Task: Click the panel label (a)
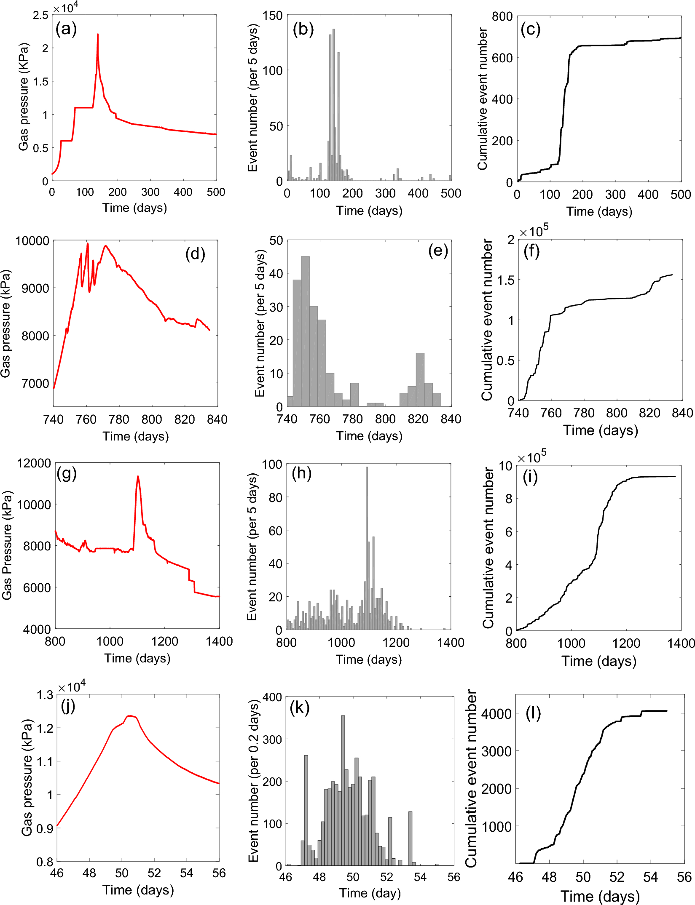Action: [x=66, y=29]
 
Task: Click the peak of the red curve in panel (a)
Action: [x=98, y=35]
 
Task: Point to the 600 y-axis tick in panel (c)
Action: [x=502, y=58]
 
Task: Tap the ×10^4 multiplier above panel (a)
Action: [x=66, y=8]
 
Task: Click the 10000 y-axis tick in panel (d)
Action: [x=32, y=241]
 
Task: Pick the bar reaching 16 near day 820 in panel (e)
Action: [x=420, y=379]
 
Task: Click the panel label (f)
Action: [x=531, y=251]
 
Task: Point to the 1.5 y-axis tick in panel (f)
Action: [x=506, y=280]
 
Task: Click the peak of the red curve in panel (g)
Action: [x=138, y=477]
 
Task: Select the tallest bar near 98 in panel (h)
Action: [x=367, y=547]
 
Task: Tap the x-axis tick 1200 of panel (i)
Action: [x=626, y=643]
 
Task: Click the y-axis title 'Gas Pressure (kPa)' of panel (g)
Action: [x=7, y=545]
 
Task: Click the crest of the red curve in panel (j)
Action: [x=131, y=716]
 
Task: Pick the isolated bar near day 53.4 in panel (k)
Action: [x=410, y=838]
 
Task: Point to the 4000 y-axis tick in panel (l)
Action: [x=496, y=714]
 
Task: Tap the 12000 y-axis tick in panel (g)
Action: [x=34, y=463]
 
